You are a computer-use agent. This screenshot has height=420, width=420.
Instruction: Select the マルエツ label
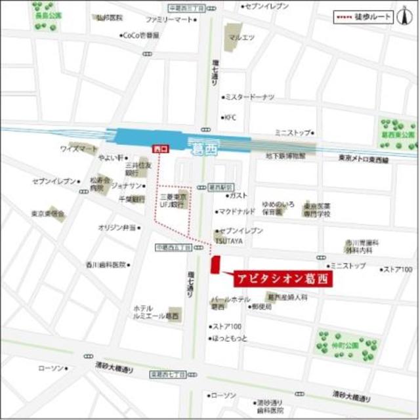[241, 37]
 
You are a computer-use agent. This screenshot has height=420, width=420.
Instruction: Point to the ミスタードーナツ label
[250, 97]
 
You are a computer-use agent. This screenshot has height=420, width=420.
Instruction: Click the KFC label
[230, 118]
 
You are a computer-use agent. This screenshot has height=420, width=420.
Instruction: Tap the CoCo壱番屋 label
[141, 36]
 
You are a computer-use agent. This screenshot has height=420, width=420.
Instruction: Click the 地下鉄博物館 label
[286, 156]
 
